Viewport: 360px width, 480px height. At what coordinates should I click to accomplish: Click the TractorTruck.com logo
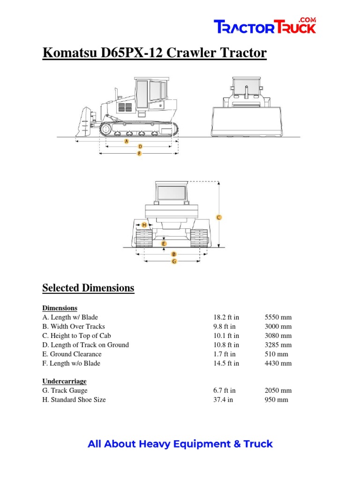click(x=265, y=26)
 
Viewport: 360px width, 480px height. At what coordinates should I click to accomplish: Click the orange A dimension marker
click(x=127, y=141)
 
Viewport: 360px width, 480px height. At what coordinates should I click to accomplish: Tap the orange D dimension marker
click(x=140, y=147)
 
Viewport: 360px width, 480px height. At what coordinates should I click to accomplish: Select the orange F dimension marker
click(x=139, y=153)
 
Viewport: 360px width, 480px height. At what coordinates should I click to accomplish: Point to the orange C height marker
click(x=218, y=217)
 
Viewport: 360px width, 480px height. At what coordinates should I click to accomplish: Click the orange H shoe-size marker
click(x=144, y=225)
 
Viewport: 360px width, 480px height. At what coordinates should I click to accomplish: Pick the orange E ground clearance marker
click(x=163, y=244)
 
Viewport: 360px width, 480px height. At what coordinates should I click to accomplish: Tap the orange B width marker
click(x=167, y=254)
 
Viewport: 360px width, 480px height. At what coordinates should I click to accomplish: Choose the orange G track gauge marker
click(x=174, y=261)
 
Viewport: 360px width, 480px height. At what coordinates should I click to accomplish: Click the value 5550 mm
click(x=278, y=317)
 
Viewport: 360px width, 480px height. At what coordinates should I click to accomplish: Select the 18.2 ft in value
click(x=225, y=317)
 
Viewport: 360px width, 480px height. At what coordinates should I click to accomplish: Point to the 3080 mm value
click(x=278, y=336)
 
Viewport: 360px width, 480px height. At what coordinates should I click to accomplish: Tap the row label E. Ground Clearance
click(x=72, y=354)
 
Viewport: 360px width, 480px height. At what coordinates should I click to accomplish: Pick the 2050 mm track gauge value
click(x=278, y=390)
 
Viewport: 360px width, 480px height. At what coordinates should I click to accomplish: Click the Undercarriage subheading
click(x=64, y=381)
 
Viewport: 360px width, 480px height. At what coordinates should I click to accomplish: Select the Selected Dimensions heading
click(x=88, y=288)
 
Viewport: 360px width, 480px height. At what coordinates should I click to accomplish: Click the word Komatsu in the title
click(x=69, y=53)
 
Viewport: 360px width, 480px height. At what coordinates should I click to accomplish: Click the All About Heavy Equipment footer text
click(x=180, y=443)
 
